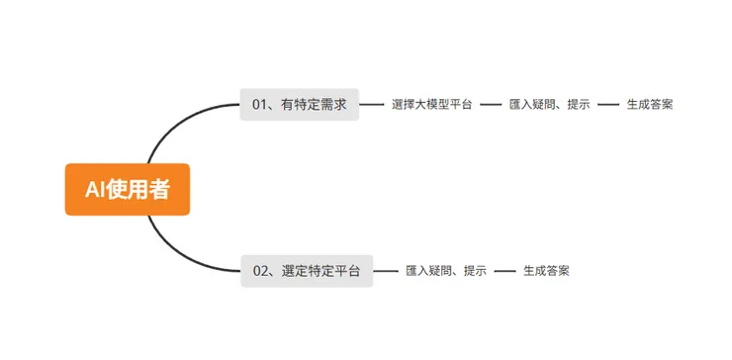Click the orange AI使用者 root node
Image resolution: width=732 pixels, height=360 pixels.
click(127, 189)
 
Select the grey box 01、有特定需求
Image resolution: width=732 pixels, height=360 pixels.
click(299, 104)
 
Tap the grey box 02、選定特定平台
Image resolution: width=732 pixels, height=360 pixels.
click(307, 270)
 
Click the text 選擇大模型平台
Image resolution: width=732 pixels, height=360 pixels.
click(431, 104)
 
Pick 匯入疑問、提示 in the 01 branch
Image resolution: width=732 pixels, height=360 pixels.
click(549, 104)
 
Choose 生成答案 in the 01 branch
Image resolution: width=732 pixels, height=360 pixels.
click(650, 104)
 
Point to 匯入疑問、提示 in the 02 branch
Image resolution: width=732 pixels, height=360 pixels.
click(446, 270)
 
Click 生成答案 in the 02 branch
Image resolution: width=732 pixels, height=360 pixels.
click(546, 270)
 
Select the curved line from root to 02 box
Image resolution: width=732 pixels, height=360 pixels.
click(178, 253)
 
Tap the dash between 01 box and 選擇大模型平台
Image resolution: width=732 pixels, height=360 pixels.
click(372, 104)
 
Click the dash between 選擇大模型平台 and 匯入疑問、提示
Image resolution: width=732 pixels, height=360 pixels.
click(491, 104)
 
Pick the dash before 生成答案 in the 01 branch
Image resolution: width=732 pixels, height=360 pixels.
click(608, 104)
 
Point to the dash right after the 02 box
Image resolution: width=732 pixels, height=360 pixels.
click(386, 270)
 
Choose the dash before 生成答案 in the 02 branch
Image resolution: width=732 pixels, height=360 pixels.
click(504, 270)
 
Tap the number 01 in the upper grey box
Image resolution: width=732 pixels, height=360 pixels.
click(260, 104)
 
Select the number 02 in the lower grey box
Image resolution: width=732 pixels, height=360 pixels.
click(262, 270)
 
